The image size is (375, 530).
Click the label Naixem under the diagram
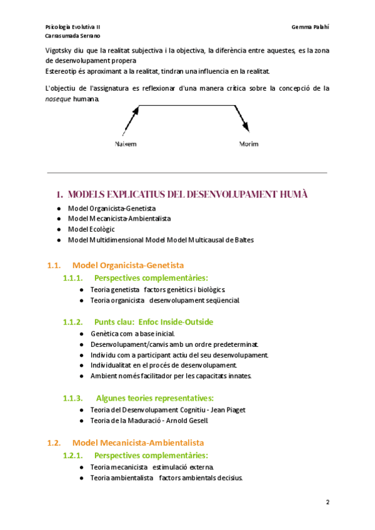tap(126, 144)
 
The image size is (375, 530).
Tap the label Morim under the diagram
tap(249, 144)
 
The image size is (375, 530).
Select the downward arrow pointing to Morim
tap(242, 119)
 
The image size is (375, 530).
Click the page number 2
tap(327, 502)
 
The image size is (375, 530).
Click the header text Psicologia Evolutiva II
tap(73, 27)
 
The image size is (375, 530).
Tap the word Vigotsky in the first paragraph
tap(61, 50)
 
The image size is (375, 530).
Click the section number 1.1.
tap(53, 265)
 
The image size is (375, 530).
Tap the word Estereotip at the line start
tap(64, 71)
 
